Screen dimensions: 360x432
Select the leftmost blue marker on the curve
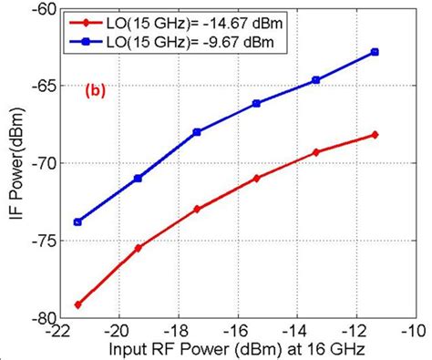coord(78,221)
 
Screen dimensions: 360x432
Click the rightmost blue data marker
coord(375,52)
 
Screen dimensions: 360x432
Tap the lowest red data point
coord(78,304)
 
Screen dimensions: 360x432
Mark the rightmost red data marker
coord(375,135)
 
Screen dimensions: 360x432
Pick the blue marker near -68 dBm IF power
coord(197,132)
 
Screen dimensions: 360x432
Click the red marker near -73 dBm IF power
coord(197,209)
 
